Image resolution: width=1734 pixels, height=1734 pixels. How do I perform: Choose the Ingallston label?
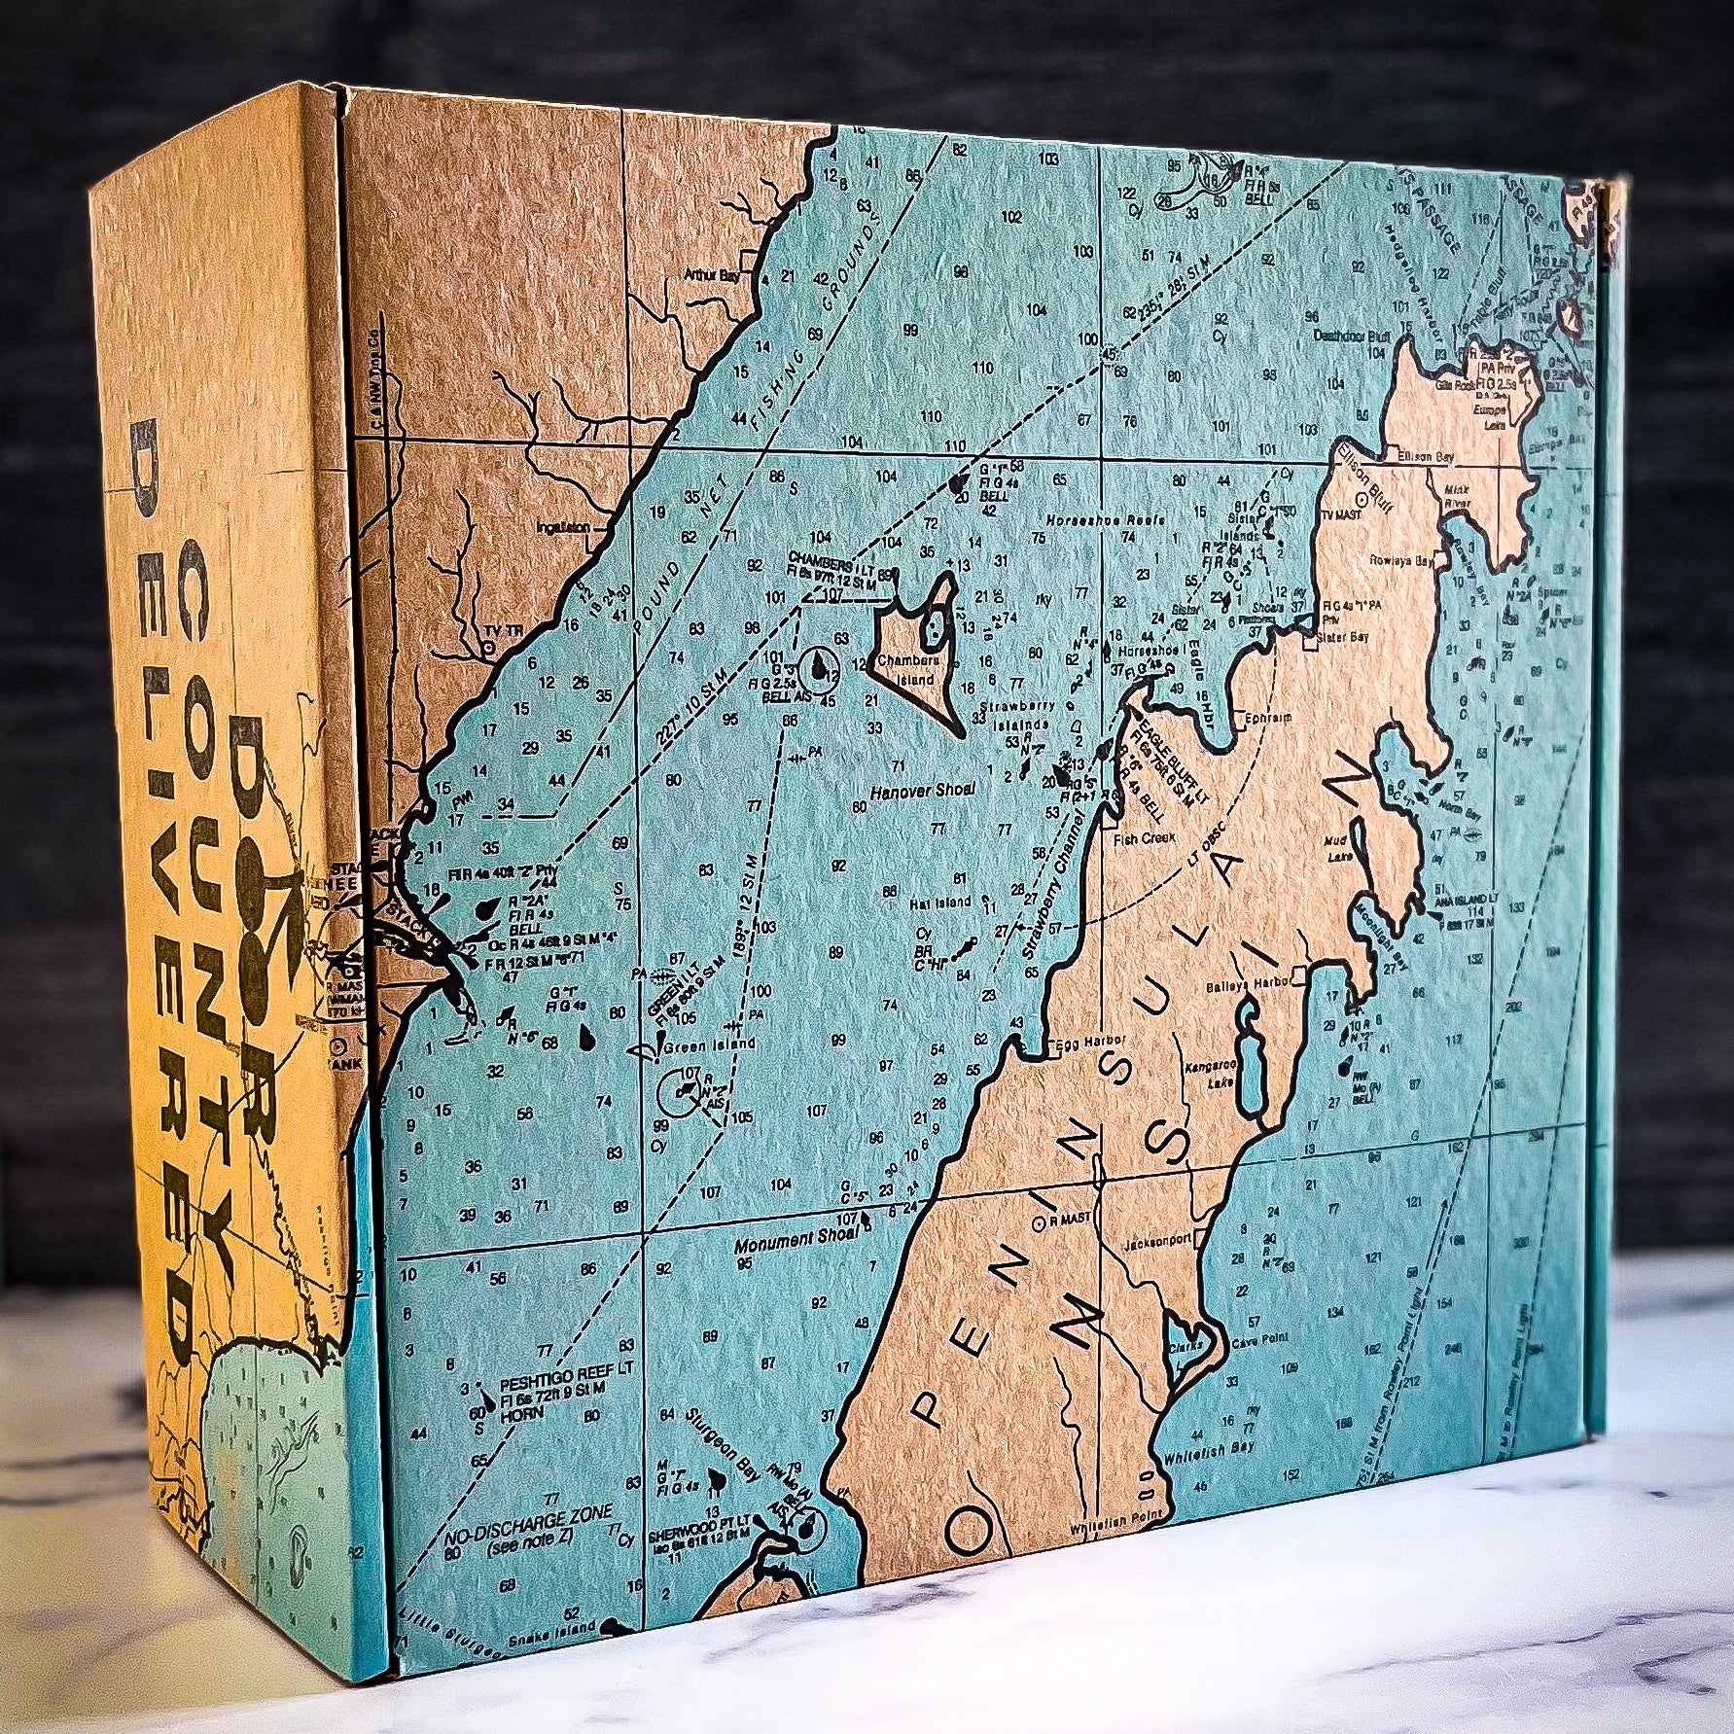[563, 527]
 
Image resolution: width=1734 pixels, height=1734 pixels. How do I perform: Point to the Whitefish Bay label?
[1213, 1474]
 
